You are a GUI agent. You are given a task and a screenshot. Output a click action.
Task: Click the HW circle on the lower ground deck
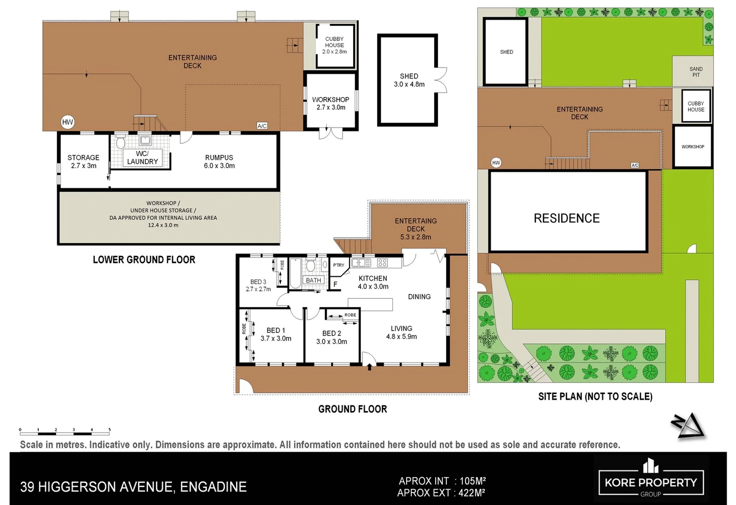click(x=68, y=122)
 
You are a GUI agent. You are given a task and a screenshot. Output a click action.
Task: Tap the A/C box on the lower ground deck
click(x=262, y=126)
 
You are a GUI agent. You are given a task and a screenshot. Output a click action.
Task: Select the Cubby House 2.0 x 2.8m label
click(x=334, y=45)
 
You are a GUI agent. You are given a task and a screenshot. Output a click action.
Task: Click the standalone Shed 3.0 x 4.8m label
click(x=409, y=80)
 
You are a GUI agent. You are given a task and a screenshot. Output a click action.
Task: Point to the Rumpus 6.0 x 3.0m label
click(x=219, y=161)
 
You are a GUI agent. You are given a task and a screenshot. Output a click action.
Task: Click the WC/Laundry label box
click(x=142, y=158)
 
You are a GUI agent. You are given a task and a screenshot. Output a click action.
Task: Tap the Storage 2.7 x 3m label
click(x=83, y=161)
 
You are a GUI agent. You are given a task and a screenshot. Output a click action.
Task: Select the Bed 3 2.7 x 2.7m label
click(x=258, y=285)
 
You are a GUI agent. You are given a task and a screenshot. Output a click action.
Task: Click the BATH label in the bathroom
click(x=313, y=280)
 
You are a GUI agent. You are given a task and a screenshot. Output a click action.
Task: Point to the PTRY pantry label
click(x=338, y=265)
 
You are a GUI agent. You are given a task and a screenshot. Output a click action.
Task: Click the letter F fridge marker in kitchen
click(x=335, y=284)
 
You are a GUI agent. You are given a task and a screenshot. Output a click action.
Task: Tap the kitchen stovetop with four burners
click(x=382, y=263)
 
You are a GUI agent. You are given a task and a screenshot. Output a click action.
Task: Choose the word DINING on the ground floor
click(x=419, y=296)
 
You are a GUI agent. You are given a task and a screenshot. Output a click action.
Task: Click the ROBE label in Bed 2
click(x=350, y=315)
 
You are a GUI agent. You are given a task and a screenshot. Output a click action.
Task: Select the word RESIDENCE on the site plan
click(x=566, y=218)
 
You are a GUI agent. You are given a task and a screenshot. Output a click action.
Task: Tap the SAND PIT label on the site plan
click(x=696, y=72)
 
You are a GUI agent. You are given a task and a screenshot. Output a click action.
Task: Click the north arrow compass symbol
click(x=689, y=426)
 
